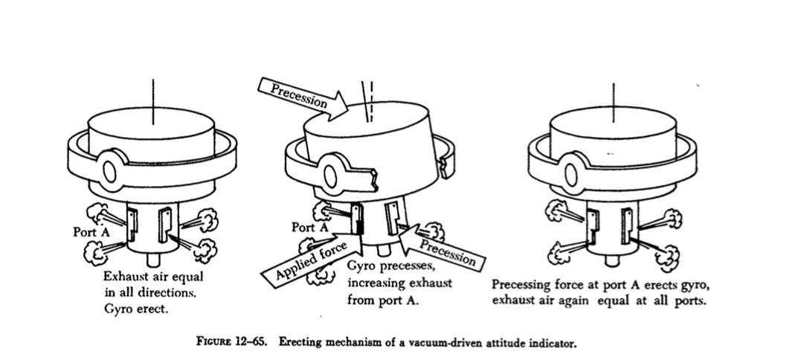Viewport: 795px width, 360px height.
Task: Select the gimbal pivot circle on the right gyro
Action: click(571, 172)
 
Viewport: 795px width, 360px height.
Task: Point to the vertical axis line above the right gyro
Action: click(614, 96)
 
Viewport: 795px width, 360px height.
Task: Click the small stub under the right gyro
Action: click(612, 260)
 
